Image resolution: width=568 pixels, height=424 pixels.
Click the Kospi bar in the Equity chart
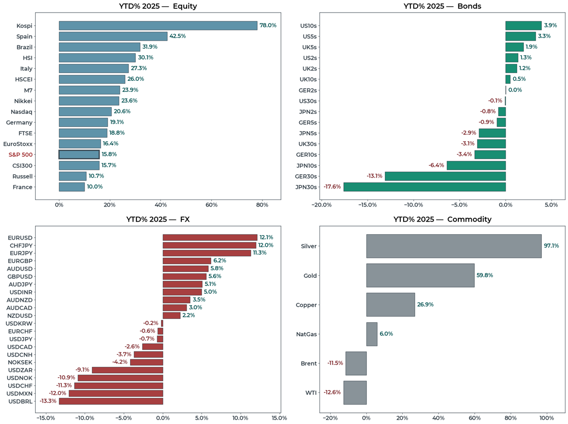coord(158,26)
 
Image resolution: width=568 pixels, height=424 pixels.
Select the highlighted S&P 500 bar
coord(79,154)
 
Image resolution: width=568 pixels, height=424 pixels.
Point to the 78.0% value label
coord(268,26)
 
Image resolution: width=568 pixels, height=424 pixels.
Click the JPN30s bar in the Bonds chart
coord(424,187)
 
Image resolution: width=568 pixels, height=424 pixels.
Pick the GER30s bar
coord(445,176)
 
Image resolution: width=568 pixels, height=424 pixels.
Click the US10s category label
coord(309,25)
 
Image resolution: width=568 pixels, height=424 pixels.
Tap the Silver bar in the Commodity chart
coord(453,246)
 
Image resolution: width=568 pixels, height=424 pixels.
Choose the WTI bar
coord(355,393)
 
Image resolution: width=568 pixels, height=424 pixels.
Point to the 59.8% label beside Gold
coord(485,275)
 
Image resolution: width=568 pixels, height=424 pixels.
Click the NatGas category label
coord(306,334)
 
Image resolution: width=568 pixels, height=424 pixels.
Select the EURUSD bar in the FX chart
coord(210,238)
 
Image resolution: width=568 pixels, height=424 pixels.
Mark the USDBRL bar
coord(111,401)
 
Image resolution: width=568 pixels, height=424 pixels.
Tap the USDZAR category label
coord(20,370)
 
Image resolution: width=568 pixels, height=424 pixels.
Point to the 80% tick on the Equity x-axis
coord(262,205)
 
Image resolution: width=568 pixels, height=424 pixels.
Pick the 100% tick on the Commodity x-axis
coord(547,418)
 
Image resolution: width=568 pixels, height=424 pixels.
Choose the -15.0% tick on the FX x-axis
coord(46,418)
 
